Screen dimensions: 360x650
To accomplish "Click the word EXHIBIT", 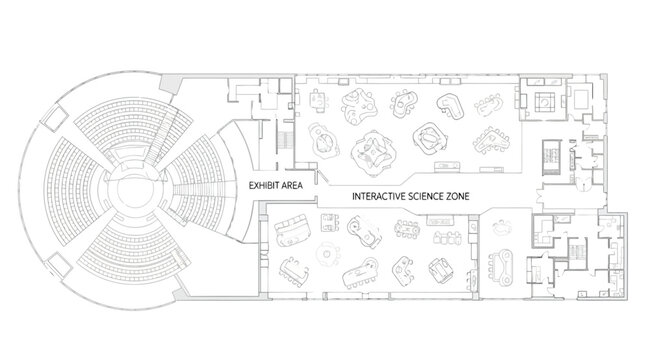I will (x=263, y=186).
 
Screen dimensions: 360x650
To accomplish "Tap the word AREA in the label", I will (x=293, y=186).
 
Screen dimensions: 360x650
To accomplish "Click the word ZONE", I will (x=459, y=198).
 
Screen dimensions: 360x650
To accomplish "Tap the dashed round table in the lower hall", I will (x=326, y=257).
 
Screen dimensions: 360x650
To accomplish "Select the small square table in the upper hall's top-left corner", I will (x=317, y=98).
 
